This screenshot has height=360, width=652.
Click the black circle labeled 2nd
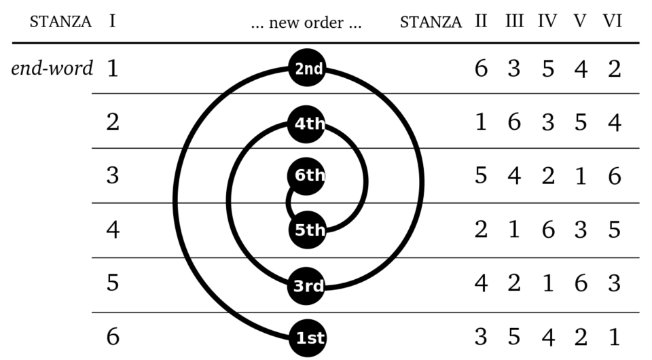tap(307, 68)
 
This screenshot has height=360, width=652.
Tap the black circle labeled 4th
tap(306, 124)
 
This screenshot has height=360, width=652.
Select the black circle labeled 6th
tap(306, 176)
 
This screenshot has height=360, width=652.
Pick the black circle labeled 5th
tap(307, 230)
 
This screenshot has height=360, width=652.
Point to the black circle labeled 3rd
tap(306, 286)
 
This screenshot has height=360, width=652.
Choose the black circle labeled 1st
tap(307, 338)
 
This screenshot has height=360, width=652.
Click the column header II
tap(481, 21)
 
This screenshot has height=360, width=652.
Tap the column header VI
tap(613, 21)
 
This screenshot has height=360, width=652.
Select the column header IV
tap(547, 21)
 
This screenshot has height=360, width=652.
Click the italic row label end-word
tap(52, 68)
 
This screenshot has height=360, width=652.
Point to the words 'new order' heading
tap(306, 22)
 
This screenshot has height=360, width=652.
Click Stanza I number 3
tap(112, 175)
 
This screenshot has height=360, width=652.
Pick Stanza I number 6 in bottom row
tap(113, 336)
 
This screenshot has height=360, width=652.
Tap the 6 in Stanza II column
tap(481, 68)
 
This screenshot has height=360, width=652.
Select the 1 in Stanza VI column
tap(614, 337)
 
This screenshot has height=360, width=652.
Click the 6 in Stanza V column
tap(581, 283)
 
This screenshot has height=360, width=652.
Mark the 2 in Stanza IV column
tap(547, 175)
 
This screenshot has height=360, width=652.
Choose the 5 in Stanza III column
tap(514, 337)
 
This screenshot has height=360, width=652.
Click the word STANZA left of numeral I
tap(60, 22)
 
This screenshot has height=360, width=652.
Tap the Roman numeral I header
tap(112, 21)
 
